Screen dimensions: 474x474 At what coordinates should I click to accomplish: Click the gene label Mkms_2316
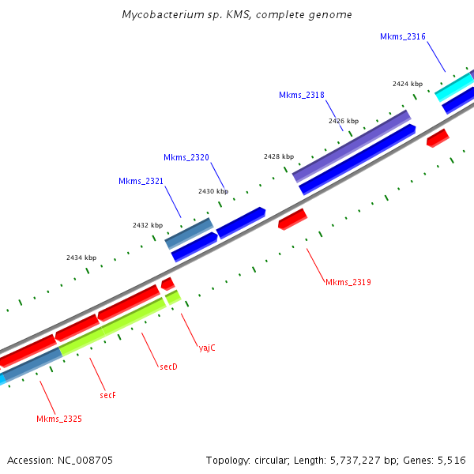[403, 36]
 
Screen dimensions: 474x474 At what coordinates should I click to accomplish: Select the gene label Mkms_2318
[301, 96]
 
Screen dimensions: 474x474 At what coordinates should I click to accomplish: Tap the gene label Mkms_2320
[186, 158]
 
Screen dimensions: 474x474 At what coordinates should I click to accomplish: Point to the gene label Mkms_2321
[141, 182]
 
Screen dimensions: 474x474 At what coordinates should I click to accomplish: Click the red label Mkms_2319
[348, 282]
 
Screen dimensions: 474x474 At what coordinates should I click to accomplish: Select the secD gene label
[168, 367]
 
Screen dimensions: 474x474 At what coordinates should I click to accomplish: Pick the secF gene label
[108, 394]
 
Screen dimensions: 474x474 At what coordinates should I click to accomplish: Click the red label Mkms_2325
[59, 419]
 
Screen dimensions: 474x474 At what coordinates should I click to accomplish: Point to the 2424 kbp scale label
[408, 84]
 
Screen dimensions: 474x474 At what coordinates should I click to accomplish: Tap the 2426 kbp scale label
[344, 121]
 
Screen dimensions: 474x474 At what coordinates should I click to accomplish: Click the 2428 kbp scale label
[279, 156]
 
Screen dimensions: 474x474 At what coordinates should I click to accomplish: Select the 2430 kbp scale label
[213, 191]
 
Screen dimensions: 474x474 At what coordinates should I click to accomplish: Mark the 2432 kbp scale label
[148, 225]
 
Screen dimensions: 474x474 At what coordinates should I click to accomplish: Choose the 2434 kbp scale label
[81, 258]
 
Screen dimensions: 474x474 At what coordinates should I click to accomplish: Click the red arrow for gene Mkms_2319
[292, 219]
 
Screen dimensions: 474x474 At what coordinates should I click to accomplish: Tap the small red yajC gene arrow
[167, 283]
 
